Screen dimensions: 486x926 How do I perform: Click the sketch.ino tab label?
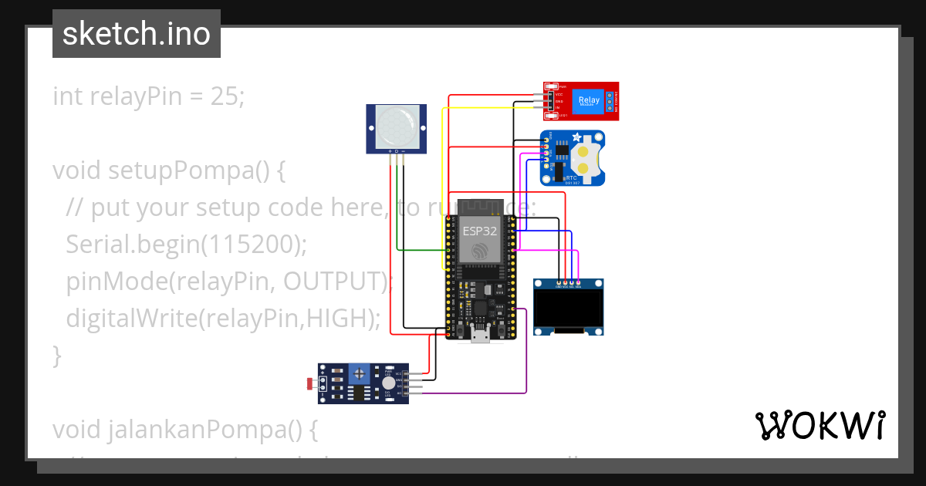136,34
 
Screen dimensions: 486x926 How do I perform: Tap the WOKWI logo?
820,425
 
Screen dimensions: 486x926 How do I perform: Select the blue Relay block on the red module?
588,100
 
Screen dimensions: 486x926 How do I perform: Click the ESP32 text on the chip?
479,230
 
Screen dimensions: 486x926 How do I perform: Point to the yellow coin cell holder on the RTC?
586,158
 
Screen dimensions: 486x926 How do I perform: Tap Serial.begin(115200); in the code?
186,245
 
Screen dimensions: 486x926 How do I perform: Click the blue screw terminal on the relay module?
610,100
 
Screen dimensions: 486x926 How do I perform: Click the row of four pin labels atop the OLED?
568,285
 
